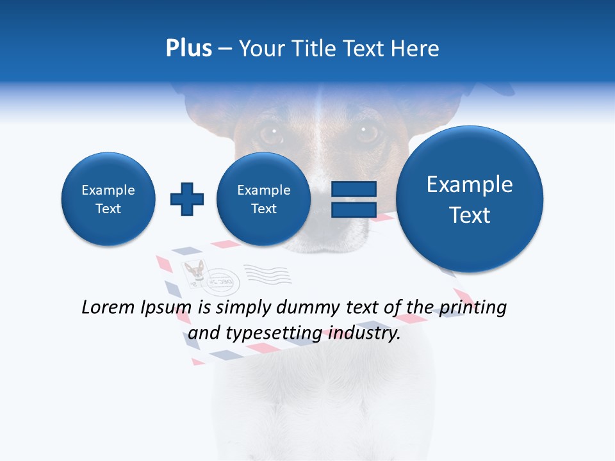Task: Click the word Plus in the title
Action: click(188, 49)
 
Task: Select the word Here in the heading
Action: click(416, 49)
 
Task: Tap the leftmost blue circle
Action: click(108, 199)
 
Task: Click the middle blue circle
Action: click(263, 199)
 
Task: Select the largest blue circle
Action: click(470, 199)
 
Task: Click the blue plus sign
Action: click(186, 199)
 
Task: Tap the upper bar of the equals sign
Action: click(353, 189)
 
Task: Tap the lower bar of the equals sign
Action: click(353, 210)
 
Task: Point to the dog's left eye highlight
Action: click(274, 131)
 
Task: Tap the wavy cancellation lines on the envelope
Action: click(268, 274)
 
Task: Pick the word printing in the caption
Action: click(472, 308)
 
